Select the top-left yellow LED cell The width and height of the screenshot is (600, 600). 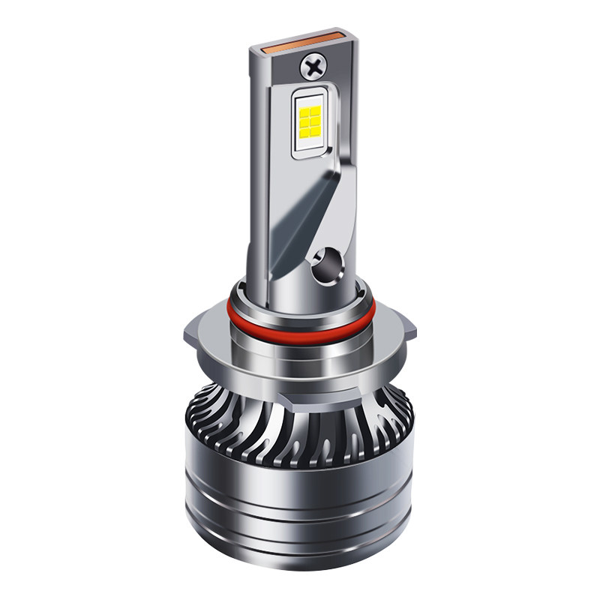304,112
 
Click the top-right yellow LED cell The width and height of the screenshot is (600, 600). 316,111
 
